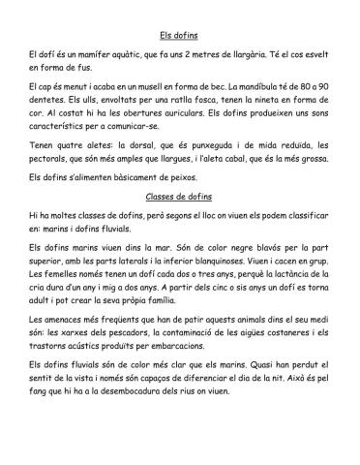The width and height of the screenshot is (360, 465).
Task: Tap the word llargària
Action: pos(276,60)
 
